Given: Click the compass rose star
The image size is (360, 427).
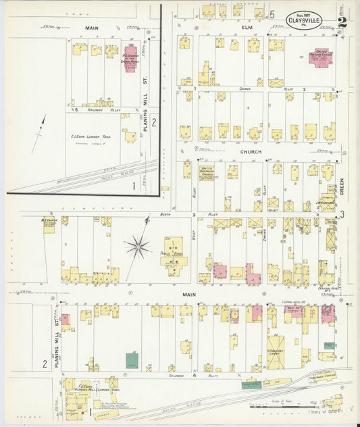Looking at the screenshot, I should coord(137,246).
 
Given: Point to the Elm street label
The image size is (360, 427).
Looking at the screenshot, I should coord(246,28).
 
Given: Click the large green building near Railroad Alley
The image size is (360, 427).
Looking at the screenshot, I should coord(131,361).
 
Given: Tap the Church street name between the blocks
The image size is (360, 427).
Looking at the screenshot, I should coord(250,152).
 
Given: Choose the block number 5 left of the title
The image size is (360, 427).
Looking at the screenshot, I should coord(272,14).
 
